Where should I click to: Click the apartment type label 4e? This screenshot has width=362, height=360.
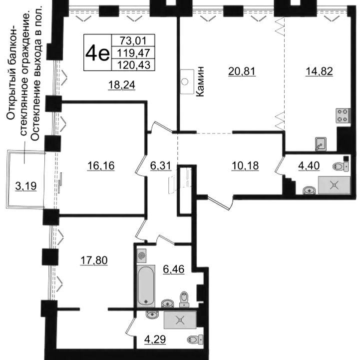[97, 53]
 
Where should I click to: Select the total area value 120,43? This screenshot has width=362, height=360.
[134, 65]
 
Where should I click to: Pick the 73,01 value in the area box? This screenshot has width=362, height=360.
[133, 40]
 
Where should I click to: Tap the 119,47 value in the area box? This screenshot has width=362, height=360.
[134, 52]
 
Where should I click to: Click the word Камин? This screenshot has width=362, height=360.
[200, 81]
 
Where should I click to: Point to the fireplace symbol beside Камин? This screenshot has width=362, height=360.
[187, 81]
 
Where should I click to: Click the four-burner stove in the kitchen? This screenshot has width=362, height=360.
[343, 115]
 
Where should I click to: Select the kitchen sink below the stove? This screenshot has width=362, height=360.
[321, 144]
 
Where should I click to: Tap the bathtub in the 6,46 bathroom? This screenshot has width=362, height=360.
[146, 286]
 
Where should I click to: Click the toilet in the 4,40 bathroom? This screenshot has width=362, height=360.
[341, 166]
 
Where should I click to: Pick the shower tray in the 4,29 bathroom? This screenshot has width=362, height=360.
[180, 320]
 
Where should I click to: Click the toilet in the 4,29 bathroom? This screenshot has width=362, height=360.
[195, 339]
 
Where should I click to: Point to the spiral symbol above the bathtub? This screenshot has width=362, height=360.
[141, 255]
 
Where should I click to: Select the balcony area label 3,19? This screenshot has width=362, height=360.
[26, 186]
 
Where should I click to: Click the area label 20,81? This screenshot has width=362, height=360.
[242, 71]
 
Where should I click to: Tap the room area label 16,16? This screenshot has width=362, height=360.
[101, 166]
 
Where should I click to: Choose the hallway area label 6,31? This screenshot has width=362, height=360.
[161, 165]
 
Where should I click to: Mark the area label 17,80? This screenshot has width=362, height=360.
[94, 260]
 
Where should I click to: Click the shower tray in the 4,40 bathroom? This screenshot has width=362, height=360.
[335, 185]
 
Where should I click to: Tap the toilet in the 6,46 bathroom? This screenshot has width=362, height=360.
[184, 299]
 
